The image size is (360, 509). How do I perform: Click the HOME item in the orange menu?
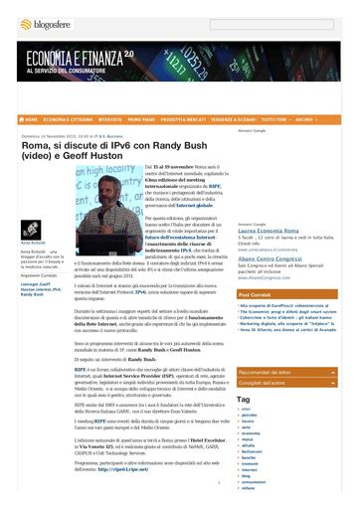[x=29, y=119]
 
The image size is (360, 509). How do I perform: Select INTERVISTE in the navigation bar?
[x=110, y=119]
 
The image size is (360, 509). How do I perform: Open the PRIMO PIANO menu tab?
[x=141, y=119]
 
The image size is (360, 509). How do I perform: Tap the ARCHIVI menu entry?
[x=304, y=119]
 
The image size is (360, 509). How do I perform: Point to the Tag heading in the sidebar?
[x=243, y=398]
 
